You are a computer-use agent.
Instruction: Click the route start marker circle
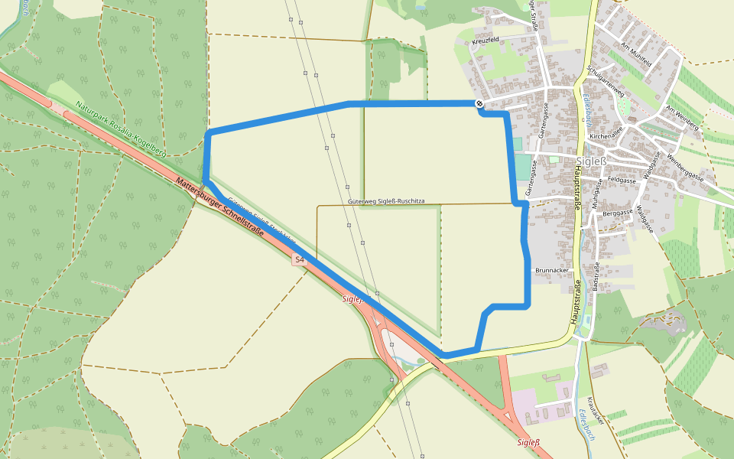tap(479, 103)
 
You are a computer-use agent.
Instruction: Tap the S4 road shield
tap(300, 261)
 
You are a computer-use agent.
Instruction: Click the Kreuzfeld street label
tap(486, 39)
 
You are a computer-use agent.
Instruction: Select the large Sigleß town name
tap(592, 161)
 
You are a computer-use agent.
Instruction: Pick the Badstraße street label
tap(597, 277)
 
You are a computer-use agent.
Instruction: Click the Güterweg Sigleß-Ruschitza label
tap(385, 200)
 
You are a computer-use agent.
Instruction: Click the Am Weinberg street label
tap(682, 118)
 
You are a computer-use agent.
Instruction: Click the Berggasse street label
tap(618, 212)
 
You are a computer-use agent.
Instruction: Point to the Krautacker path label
tap(596, 411)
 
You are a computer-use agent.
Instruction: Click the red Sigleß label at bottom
tap(528, 442)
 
